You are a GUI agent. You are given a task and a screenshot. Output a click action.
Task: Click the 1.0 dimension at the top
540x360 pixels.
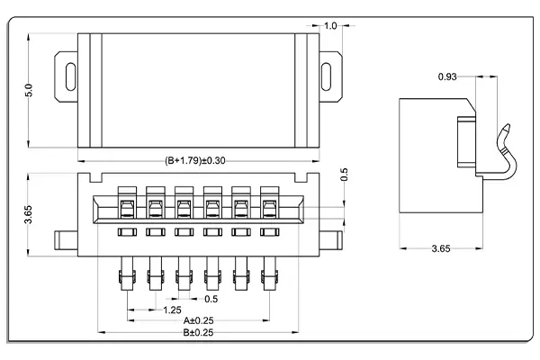(x=330, y=26)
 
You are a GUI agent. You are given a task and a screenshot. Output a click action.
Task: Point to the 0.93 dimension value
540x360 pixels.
(x=447, y=76)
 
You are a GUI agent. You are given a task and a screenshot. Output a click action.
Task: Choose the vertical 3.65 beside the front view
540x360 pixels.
(x=28, y=213)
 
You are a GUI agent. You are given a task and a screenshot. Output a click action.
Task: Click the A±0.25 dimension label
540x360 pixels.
(x=199, y=319)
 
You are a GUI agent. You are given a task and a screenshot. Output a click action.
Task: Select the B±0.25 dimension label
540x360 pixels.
(x=199, y=332)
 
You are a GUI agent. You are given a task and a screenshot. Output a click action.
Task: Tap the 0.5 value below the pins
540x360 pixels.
(x=211, y=299)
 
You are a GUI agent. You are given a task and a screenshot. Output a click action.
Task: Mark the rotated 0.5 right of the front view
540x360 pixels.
(x=345, y=175)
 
